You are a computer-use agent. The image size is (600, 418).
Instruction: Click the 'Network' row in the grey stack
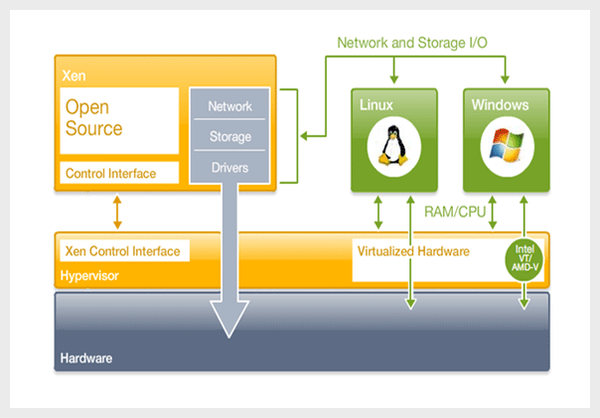[229, 106]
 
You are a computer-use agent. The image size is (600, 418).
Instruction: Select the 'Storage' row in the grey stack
[229, 137]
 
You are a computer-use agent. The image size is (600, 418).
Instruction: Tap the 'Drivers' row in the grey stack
[229, 167]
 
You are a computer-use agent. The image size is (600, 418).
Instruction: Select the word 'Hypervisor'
[90, 275]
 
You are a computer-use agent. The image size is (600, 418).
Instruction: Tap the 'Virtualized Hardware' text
[412, 251]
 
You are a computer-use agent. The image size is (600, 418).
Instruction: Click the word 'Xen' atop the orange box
[73, 74]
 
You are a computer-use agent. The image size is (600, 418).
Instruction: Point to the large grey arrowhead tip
[229, 335]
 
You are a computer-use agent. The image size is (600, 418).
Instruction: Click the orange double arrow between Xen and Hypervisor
[117, 212]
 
